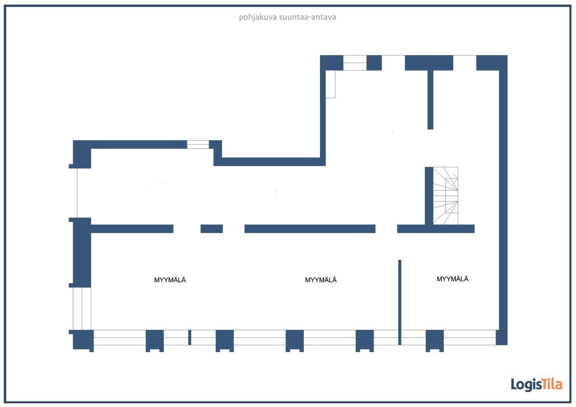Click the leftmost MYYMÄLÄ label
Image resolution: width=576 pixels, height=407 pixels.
coord(170,280)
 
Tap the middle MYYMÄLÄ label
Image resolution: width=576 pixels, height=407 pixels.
coord(320,280)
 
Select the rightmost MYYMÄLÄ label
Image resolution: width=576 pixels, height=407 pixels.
coord(452,279)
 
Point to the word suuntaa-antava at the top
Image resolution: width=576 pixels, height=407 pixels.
coord(308,17)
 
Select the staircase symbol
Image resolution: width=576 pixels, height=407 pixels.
coord(446,196)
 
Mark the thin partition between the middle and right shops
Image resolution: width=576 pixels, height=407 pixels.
coord(400,301)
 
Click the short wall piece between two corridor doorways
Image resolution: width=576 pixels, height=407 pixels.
coord(211,229)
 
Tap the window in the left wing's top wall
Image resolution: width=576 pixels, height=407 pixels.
coord(198,144)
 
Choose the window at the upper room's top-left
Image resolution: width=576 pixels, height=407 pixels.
coord(355,63)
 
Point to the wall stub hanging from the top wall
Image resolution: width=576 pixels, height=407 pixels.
coord(430,100)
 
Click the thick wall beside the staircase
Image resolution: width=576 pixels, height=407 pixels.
coord(429,196)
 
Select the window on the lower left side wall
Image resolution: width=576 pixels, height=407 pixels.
coord(82,308)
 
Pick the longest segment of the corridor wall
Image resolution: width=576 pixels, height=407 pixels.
coord(310,229)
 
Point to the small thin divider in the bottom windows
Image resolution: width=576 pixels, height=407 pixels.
coord(190,337)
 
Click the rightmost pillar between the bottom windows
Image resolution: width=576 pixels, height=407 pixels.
coord(435,340)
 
